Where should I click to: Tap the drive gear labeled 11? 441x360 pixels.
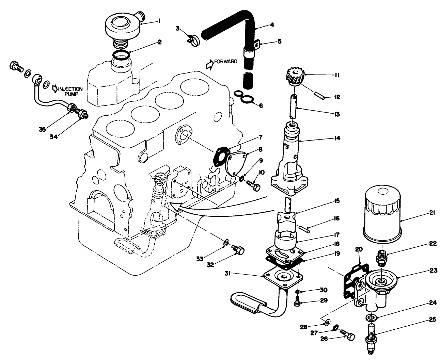295,77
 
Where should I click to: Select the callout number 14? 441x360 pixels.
337,138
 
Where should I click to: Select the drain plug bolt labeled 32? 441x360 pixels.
239,251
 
